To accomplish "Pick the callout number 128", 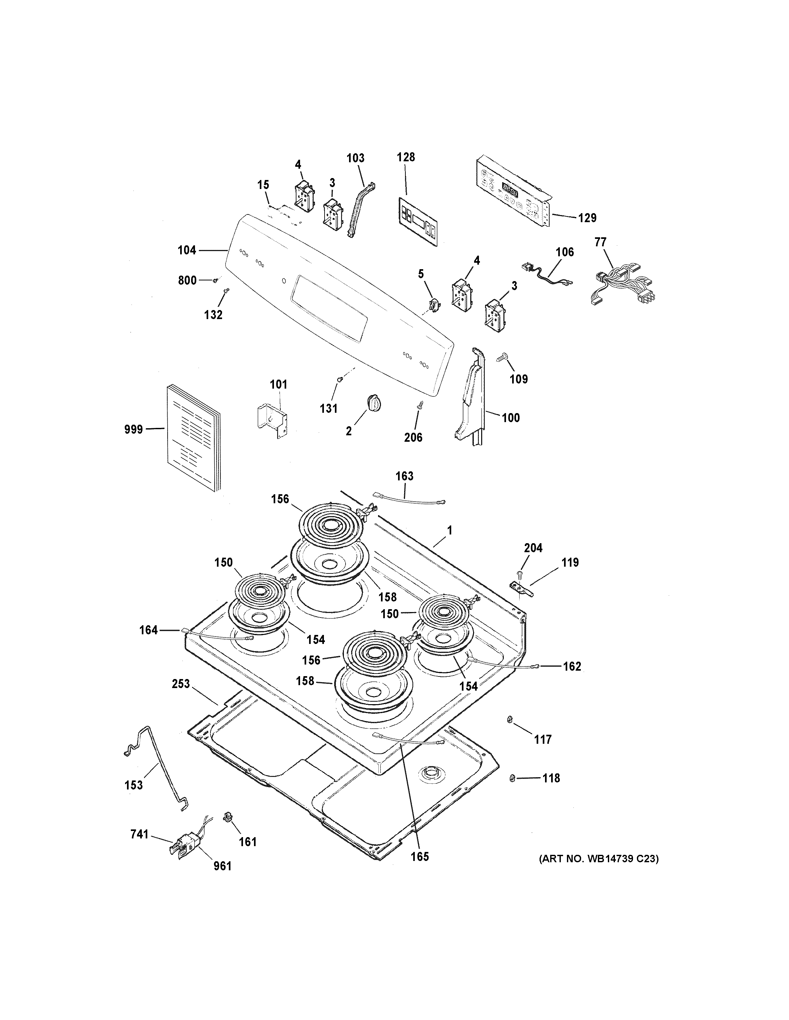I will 406,157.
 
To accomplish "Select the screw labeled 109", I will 504,358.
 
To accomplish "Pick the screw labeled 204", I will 520,573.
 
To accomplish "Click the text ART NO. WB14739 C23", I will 598,858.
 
